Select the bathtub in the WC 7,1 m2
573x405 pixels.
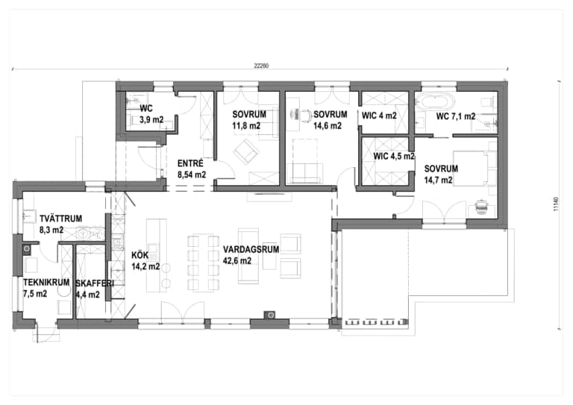(x=433, y=102)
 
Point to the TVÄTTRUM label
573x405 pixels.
(x=60, y=219)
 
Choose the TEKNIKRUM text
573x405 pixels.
(x=45, y=283)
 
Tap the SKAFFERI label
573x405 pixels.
(x=95, y=283)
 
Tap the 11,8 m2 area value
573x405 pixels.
(x=245, y=126)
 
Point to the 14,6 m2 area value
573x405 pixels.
(x=328, y=125)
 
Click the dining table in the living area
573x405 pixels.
(x=203, y=261)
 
